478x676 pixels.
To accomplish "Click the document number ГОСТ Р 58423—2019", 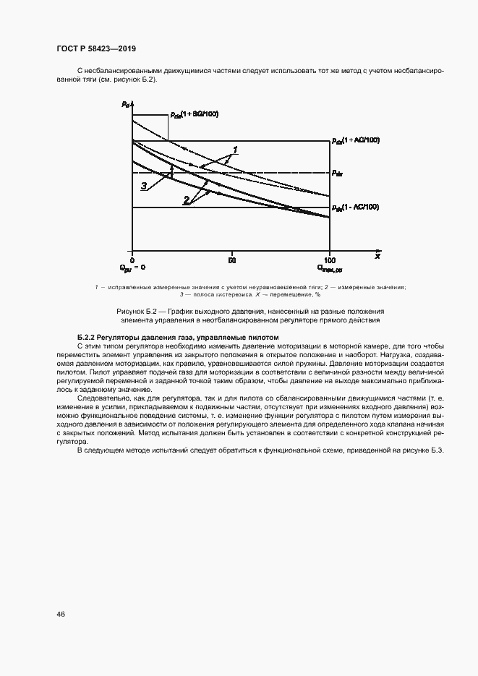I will pyautogui.click(x=95, y=48).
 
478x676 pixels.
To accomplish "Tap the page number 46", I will pyautogui.click(x=61, y=614).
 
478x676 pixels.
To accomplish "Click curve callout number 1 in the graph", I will pyautogui.click(x=234, y=150).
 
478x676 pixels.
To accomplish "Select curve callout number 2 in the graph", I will pyautogui.click(x=187, y=200).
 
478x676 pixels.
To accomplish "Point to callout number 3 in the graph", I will pyautogui.click(x=144, y=187).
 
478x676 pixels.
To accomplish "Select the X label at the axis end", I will pyautogui.click(x=377, y=256).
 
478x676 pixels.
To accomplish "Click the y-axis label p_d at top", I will pyautogui.click(x=126, y=105).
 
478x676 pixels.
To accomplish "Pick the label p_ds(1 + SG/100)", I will pyautogui.click(x=194, y=114).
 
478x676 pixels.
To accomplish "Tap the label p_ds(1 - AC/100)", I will pyautogui.click(x=355, y=207).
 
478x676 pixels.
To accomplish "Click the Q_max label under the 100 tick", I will pyautogui.click(x=330, y=268).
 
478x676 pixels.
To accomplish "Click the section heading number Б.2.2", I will pyautogui.click(x=87, y=338).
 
